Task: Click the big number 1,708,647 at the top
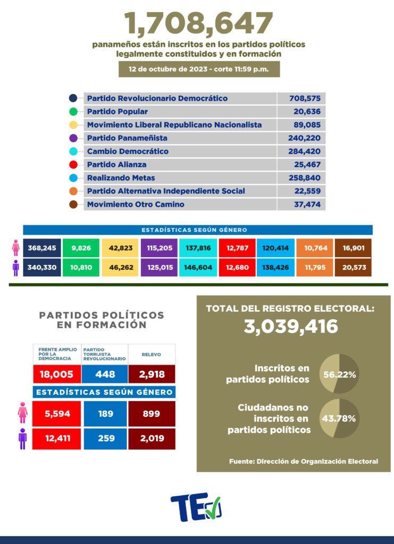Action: (x=198, y=23)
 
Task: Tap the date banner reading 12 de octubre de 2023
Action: (x=199, y=70)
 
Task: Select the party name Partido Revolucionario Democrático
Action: (x=157, y=98)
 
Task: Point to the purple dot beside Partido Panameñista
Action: (x=73, y=138)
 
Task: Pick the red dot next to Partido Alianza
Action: (x=73, y=165)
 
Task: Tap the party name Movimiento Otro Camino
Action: (x=136, y=205)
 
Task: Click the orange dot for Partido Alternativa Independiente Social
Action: (x=73, y=191)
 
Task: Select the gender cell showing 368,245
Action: (x=41, y=248)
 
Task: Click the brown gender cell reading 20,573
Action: (x=353, y=267)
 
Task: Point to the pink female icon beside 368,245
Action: (x=15, y=248)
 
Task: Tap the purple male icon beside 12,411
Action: (x=22, y=439)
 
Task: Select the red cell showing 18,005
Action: (x=56, y=374)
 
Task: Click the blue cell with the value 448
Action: (x=105, y=374)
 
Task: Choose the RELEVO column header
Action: (x=152, y=354)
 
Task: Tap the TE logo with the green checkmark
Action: (x=196, y=508)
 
